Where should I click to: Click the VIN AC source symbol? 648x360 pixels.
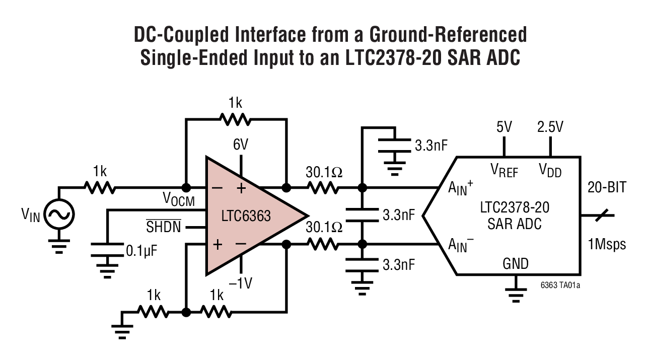point(59,215)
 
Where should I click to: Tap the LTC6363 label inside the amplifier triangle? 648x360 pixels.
point(246,217)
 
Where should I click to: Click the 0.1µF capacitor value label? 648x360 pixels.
point(141,250)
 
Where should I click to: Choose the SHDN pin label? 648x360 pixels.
point(164,228)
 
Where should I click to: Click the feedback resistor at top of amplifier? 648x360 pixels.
point(235,119)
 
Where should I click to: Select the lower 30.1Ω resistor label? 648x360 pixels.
point(323,227)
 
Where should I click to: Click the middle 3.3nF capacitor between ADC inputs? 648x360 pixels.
point(361,215)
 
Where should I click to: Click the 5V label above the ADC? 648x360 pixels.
point(503,127)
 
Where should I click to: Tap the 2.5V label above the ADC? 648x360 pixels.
point(550,127)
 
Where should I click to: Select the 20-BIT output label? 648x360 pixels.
point(607,188)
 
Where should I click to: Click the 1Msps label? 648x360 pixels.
point(607,244)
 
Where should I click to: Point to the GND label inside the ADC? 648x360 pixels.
point(515,263)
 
